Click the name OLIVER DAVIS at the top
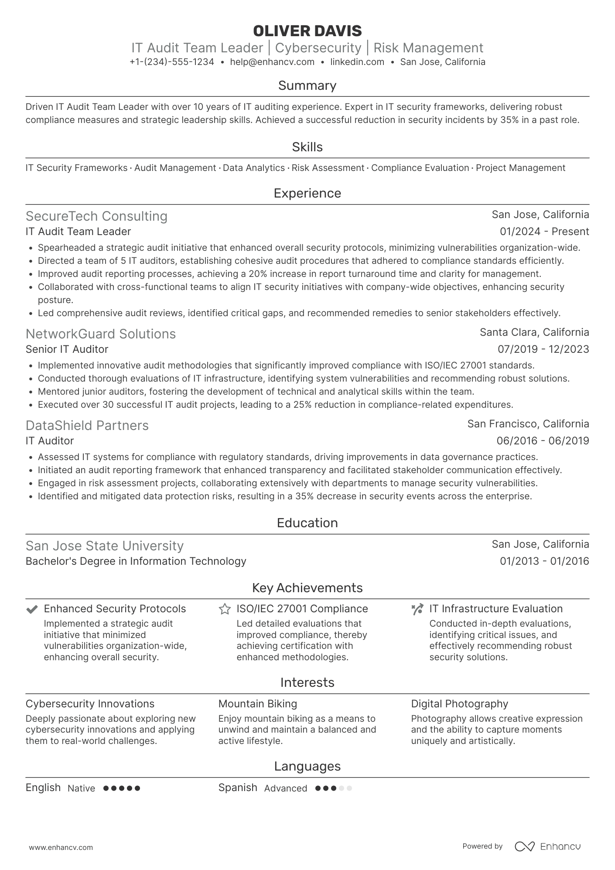[307, 31]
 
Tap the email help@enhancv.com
[272, 62]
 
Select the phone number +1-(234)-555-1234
[172, 62]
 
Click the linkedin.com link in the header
[357, 62]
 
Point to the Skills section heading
[307, 147]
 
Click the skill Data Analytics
[253, 168]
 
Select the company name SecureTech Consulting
[96, 216]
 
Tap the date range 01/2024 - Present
[544, 232]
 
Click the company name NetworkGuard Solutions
[100, 334]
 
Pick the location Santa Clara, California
[534, 332]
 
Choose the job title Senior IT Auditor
[67, 349]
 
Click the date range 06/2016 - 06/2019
[543, 441]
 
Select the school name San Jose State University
[104, 546]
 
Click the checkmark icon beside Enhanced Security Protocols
[32, 609]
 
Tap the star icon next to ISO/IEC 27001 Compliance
[225, 609]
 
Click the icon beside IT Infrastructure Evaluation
[417, 609]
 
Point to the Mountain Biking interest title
[257, 704]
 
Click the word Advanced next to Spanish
[285, 788]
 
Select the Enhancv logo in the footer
[548, 846]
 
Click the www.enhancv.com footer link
[61, 847]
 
